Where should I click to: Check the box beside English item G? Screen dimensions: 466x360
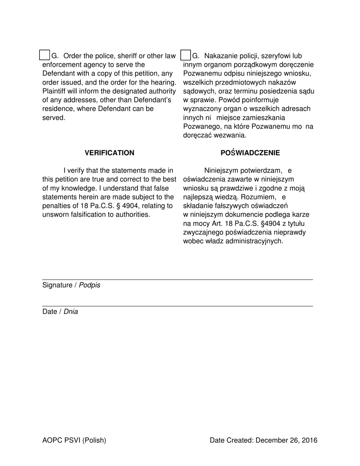44,55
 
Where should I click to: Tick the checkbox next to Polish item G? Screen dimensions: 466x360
185,55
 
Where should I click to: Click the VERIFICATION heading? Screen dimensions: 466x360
109,153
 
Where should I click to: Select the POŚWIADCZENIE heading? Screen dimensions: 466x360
250,153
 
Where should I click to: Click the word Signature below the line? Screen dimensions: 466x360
57,285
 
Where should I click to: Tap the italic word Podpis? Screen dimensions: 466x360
89,285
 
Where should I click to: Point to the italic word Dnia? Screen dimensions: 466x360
70,312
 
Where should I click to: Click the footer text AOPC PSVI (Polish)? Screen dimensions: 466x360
74,440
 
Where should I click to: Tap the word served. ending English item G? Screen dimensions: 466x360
54,117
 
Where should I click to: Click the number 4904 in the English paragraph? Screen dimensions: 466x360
131,206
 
